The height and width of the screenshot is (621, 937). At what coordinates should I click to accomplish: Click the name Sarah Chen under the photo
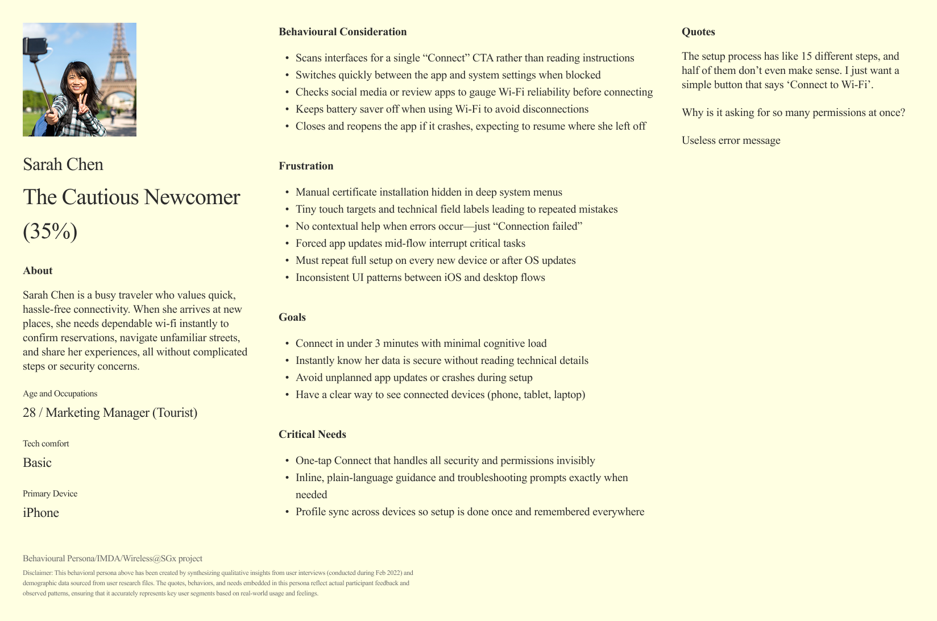coord(63,164)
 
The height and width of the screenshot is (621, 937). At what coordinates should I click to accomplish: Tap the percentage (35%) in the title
coord(50,231)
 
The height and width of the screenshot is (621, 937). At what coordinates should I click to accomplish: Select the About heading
coord(38,271)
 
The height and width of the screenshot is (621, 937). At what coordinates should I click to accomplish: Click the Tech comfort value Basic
coord(37,463)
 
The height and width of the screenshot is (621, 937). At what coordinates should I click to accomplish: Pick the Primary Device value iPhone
coord(41,513)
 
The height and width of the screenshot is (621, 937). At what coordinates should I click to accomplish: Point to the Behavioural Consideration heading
coord(342,32)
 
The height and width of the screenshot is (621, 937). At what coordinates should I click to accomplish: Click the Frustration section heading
coord(306,166)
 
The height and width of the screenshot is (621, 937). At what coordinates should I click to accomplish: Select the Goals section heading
coord(292,317)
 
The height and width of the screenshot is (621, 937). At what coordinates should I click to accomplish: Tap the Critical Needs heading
coord(312,434)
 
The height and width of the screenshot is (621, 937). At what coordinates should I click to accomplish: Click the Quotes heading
coord(698,32)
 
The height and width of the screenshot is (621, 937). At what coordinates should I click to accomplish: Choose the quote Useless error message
coord(731,140)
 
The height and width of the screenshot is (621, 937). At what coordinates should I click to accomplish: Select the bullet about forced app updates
coord(410,243)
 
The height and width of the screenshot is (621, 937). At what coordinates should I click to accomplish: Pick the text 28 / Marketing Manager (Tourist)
coord(110,413)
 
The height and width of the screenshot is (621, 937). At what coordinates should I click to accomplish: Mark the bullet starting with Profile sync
coord(470,512)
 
